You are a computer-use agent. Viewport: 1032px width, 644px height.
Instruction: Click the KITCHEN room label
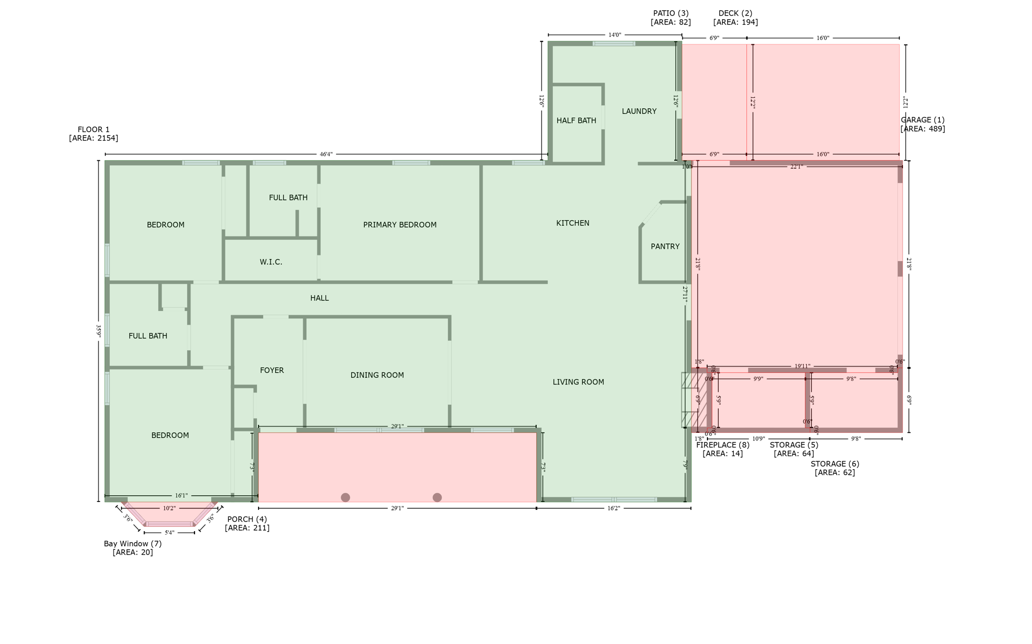coord(572,223)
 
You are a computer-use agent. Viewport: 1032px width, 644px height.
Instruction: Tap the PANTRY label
coord(665,246)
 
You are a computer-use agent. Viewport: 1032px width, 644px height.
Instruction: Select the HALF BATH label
coord(576,120)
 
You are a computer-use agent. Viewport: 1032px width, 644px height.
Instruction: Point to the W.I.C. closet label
coord(271,262)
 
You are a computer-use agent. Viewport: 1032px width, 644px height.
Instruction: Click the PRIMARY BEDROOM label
coord(400,225)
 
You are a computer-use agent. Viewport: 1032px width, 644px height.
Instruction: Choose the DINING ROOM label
coord(377,375)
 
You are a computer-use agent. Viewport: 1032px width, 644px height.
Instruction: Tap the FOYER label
coord(272,370)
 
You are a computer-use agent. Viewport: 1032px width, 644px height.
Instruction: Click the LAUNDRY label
coord(638,111)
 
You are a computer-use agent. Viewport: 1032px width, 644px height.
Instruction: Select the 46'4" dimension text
coord(326,154)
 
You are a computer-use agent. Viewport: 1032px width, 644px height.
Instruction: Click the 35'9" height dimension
coord(99,331)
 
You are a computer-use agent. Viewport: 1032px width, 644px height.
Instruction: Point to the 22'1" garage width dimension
coord(796,167)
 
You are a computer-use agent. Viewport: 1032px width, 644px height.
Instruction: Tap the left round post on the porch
coord(345,497)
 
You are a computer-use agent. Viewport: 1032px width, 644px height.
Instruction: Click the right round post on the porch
coord(437,497)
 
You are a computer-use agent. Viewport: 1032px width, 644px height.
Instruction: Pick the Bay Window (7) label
coord(133,544)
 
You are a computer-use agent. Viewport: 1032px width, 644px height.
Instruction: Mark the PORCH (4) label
coord(247,519)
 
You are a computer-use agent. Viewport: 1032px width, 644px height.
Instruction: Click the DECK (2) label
coord(735,14)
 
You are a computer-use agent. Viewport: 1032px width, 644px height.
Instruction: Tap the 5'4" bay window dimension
coord(169,533)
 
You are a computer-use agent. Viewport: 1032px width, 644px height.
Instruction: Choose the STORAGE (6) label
coord(834,464)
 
